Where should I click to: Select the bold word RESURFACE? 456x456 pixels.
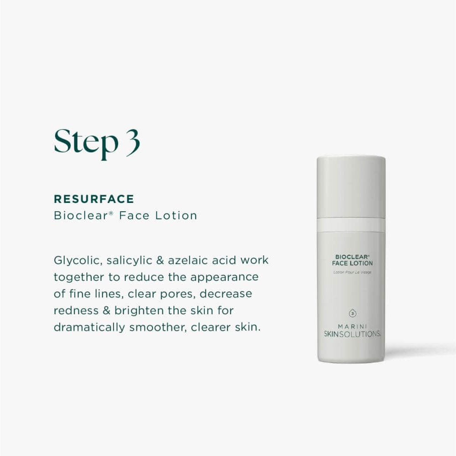[94, 199]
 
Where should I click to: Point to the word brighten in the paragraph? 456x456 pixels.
[137, 311]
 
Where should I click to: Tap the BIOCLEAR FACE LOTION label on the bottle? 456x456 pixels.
[352, 260]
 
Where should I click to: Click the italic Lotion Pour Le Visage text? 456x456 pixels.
[352, 272]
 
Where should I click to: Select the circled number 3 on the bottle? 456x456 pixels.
[352, 313]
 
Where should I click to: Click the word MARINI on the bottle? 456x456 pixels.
[352, 326]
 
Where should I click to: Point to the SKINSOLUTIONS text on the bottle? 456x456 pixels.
[352, 334]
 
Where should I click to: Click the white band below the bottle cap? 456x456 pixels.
[351, 224]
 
